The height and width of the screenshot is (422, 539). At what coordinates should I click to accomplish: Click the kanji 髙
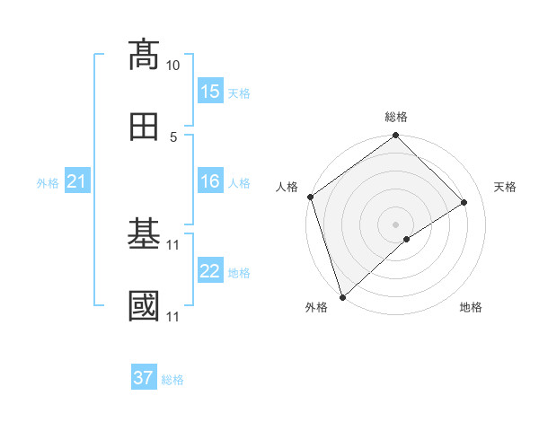tap(144, 55)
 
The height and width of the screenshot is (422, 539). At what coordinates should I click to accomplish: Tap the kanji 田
tap(144, 127)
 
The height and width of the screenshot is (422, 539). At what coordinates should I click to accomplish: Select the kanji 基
tap(144, 234)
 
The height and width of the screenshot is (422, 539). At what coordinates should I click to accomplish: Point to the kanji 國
tap(144, 306)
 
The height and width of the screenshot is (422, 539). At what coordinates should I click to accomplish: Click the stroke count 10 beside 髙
tap(172, 66)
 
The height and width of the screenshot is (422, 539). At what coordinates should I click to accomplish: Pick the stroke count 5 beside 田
tap(173, 137)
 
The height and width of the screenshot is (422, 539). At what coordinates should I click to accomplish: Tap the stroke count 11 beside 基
tap(173, 244)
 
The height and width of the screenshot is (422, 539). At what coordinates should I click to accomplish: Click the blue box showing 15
tap(210, 92)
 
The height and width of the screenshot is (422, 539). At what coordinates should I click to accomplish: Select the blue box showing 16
tap(210, 182)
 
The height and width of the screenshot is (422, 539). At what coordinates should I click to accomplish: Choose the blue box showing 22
tap(210, 272)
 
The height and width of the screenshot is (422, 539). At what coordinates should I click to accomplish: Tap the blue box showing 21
tap(76, 182)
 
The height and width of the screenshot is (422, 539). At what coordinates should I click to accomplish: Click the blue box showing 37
tap(144, 378)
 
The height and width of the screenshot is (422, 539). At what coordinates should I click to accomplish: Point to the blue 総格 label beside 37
tap(173, 380)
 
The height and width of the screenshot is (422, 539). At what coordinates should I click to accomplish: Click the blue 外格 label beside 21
tap(48, 183)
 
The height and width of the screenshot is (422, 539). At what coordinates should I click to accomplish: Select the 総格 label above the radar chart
tap(396, 117)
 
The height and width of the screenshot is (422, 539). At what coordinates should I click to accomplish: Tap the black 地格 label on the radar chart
tap(471, 307)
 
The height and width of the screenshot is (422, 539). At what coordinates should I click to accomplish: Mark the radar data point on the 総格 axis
tap(396, 136)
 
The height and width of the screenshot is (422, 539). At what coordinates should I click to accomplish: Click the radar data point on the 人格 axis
tap(310, 197)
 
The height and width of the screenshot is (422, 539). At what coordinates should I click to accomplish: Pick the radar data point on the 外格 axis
tap(342, 296)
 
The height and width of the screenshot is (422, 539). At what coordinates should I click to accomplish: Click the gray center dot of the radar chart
tap(396, 224)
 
